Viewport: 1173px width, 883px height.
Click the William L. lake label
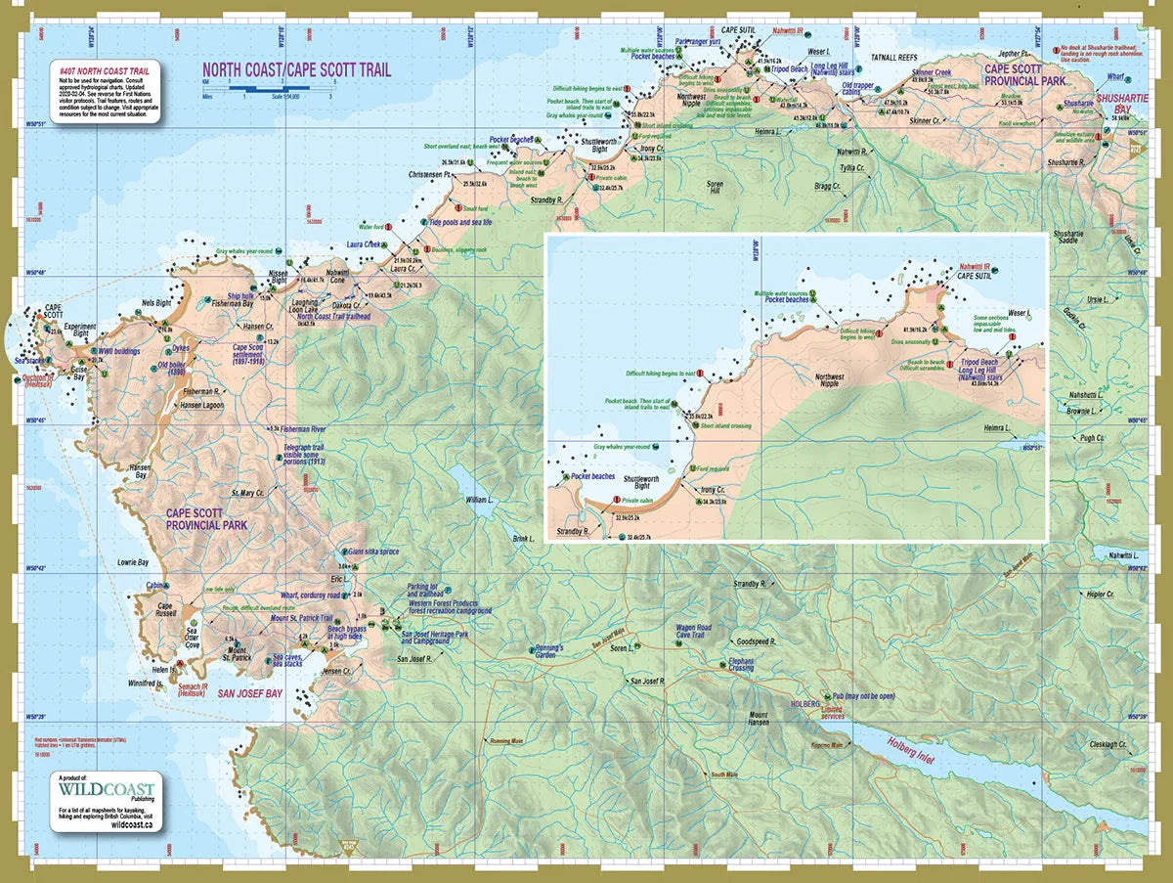coord(480,499)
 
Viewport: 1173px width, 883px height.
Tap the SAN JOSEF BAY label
coord(249,693)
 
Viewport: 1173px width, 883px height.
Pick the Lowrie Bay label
coord(133,562)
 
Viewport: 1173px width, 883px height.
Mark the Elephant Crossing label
coord(740,665)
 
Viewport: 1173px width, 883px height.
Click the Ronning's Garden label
coord(547,651)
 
